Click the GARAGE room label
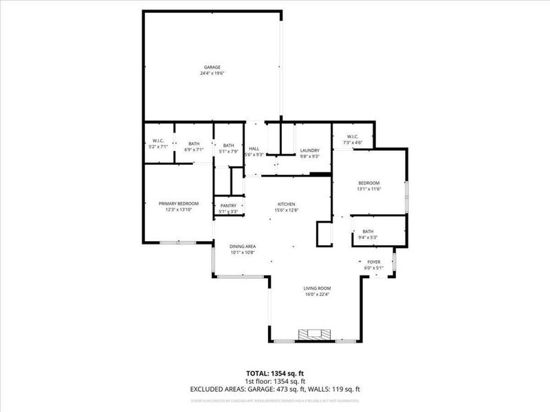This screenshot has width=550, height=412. [x=212, y=67]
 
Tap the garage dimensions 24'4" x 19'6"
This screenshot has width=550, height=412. [x=212, y=73]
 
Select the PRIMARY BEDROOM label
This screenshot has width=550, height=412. [x=179, y=203]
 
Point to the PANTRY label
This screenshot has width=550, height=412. [x=228, y=205]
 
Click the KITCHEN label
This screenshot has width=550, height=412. [x=286, y=204]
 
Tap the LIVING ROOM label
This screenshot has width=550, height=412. [x=318, y=288]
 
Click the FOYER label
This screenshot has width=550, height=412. [x=374, y=262]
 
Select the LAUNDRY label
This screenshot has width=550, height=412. [x=310, y=150]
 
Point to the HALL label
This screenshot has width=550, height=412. [x=254, y=148]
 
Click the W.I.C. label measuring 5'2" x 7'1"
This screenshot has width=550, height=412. [x=158, y=141]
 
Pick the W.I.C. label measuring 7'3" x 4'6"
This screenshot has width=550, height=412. [x=353, y=136]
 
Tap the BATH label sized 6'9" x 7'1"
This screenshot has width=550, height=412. [x=195, y=144]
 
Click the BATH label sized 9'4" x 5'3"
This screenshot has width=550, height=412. [x=368, y=232]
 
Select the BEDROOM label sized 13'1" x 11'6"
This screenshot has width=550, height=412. [x=369, y=183]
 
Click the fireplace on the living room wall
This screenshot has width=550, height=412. [x=313, y=334]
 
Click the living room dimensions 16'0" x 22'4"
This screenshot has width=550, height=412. [x=318, y=295]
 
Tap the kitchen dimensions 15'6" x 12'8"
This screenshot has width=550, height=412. [x=286, y=210]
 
